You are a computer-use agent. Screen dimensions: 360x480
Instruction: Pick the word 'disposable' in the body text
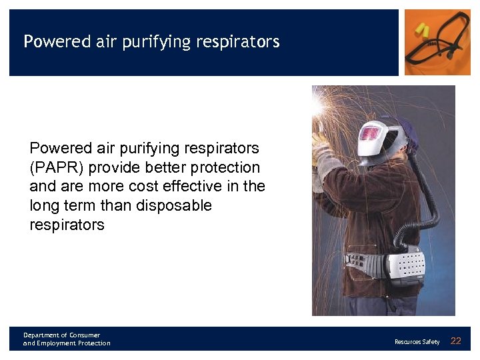click(x=173, y=205)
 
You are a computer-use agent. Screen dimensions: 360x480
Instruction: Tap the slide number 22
click(x=456, y=341)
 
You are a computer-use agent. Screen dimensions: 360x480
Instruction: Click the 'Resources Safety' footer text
click(x=417, y=342)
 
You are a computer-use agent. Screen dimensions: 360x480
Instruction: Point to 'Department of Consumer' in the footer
click(x=61, y=335)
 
